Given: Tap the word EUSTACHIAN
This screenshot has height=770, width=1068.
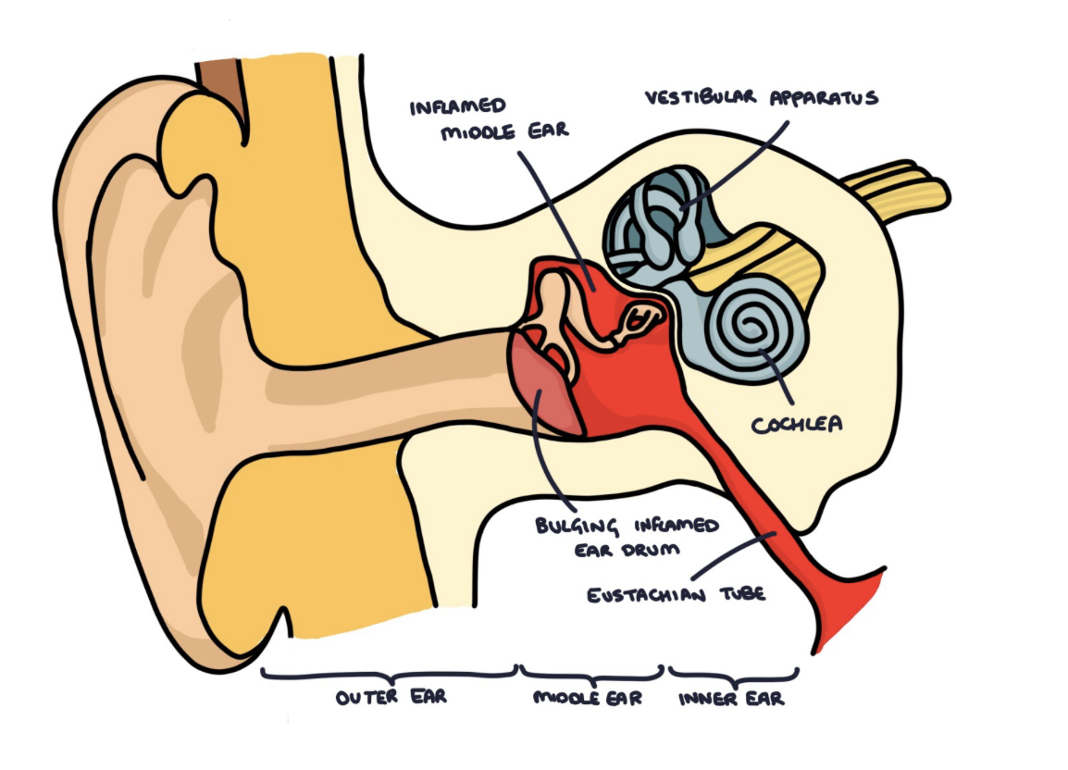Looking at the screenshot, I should pyautogui.click(x=640, y=593).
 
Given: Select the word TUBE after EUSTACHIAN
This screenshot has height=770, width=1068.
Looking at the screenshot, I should pyautogui.click(x=739, y=593).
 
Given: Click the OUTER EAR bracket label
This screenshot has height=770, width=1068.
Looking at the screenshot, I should pyautogui.click(x=391, y=696).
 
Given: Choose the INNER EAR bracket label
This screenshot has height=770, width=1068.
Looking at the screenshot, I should pyautogui.click(x=731, y=698).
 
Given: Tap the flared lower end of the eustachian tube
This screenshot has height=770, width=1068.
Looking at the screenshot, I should pyautogui.click(x=837, y=611).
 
